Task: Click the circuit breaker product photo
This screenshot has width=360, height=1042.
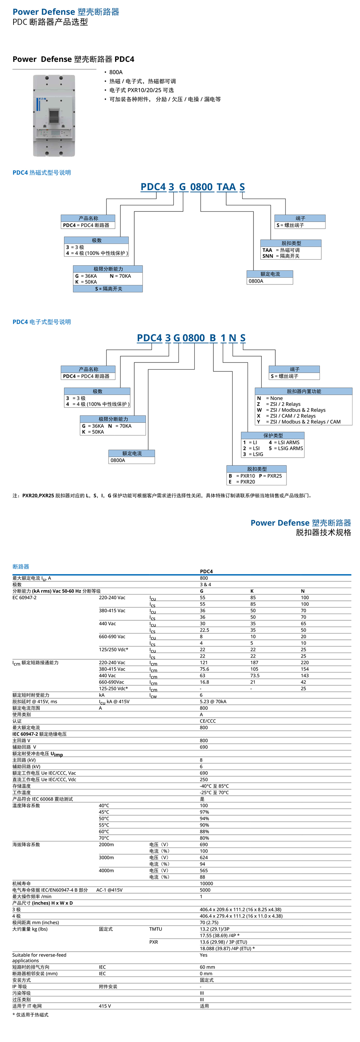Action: [x=54, y=116]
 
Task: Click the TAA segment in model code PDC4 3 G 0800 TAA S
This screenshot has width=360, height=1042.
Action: [x=226, y=187]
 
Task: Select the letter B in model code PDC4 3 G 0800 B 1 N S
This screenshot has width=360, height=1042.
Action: [x=213, y=338]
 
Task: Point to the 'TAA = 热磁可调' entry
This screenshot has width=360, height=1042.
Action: [x=282, y=250]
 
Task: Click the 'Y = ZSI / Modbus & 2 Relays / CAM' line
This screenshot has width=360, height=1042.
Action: [x=299, y=422]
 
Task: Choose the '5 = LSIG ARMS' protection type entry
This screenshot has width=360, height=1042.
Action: [x=286, y=448]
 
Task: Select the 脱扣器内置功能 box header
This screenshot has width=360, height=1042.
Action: [x=303, y=391]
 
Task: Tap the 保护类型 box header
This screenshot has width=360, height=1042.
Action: [x=273, y=436]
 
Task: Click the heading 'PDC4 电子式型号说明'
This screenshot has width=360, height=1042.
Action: [x=42, y=322]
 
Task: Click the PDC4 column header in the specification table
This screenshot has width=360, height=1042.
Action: [x=206, y=571]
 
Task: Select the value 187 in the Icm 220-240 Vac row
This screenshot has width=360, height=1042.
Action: [x=254, y=663]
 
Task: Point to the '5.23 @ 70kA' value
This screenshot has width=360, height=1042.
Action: [x=213, y=701]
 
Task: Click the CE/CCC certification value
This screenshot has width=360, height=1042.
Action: [x=207, y=721]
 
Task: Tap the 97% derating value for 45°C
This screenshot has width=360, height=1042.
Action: [x=204, y=812]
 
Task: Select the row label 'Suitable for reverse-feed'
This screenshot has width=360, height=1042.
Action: [x=39, y=955]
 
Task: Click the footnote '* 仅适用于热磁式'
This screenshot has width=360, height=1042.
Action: [x=30, y=1015]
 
